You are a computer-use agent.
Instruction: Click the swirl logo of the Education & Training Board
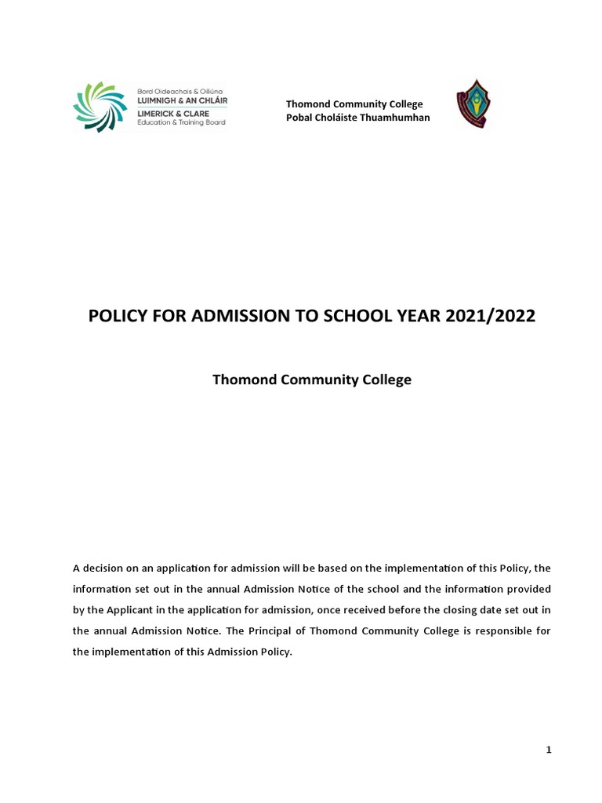click(100, 107)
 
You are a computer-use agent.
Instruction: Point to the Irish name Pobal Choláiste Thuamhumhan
click(357, 118)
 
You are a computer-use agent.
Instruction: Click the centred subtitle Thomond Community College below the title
click(312, 380)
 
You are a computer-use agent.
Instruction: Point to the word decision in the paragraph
click(104, 567)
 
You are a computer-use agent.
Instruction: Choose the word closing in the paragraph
click(437, 609)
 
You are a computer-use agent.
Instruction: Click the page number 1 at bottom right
click(549, 750)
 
